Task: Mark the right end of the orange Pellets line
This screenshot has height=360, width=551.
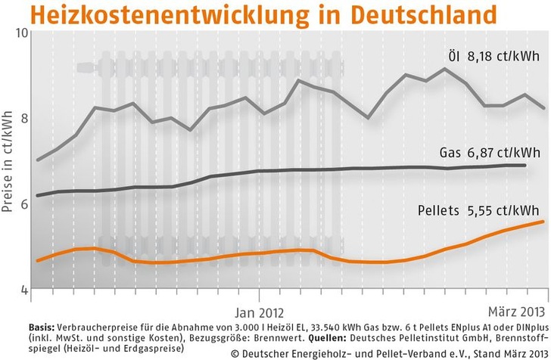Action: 543,222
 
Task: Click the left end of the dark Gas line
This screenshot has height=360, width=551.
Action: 37,196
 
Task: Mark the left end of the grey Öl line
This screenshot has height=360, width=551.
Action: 37,160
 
